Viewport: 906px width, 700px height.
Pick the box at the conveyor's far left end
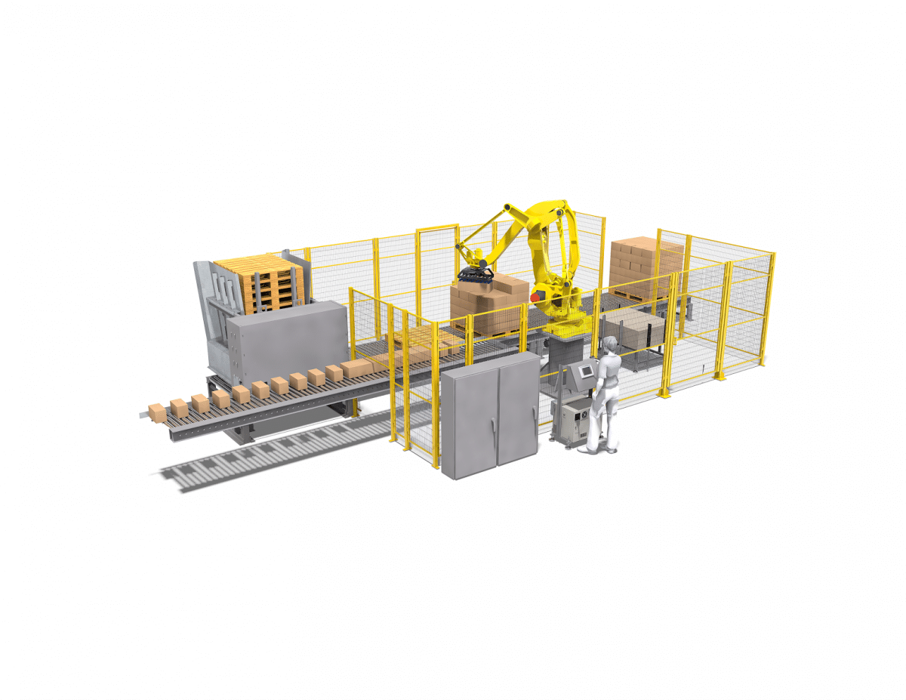click(157, 412)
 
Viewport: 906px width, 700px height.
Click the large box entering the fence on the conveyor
click(356, 369)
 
